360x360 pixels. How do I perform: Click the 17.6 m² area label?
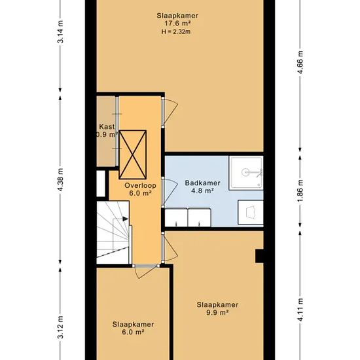pyautogui.click(x=177, y=24)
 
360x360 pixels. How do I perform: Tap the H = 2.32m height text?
pyautogui.click(x=176, y=31)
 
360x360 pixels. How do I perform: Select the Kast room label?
pyautogui.click(x=107, y=127)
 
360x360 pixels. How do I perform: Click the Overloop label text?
pyautogui.click(x=140, y=185)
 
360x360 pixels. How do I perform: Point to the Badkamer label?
pyautogui.click(x=202, y=183)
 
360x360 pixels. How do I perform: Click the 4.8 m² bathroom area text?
pyautogui.click(x=202, y=190)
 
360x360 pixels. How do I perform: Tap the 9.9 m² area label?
pyautogui.click(x=217, y=312)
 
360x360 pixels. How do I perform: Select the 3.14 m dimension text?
pyautogui.click(x=61, y=32)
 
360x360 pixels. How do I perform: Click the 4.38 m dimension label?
pyautogui.click(x=61, y=180)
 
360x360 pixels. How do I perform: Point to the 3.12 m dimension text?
pyautogui.click(x=61, y=327)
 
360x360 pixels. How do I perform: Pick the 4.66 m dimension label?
pyautogui.click(x=300, y=62)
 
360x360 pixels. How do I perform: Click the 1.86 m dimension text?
pyautogui.click(x=300, y=190)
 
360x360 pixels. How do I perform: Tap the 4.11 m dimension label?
pyautogui.click(x=300, y=310)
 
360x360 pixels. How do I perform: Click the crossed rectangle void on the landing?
pyautogui.click(x=132, y=154)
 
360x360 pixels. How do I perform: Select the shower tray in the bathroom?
pyautogui.click(x=246, y=172)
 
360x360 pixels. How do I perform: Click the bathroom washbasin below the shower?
pyautogui.click(x=251, y=212)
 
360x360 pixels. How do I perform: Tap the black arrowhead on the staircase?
pyautogui.click(x=126, y=219)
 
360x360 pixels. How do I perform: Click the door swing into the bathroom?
pyautogui.click(x=170, y=192)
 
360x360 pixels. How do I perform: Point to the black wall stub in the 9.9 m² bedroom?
pyautogui.click(x=259, y=256)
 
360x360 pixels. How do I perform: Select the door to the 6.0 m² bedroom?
pyautogui.click(x=145, y=271)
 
